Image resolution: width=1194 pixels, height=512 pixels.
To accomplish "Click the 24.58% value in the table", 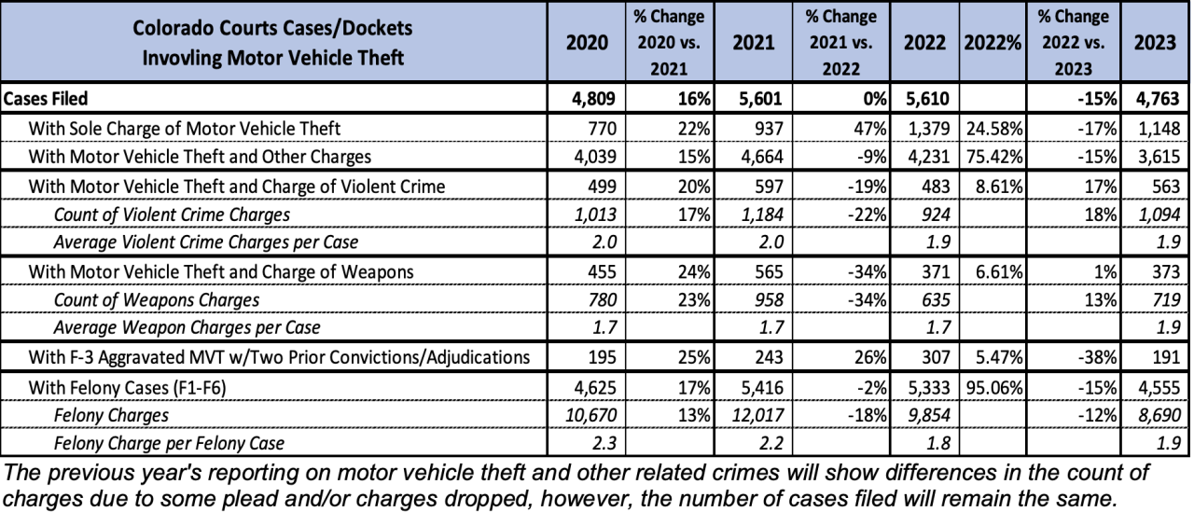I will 993,128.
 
